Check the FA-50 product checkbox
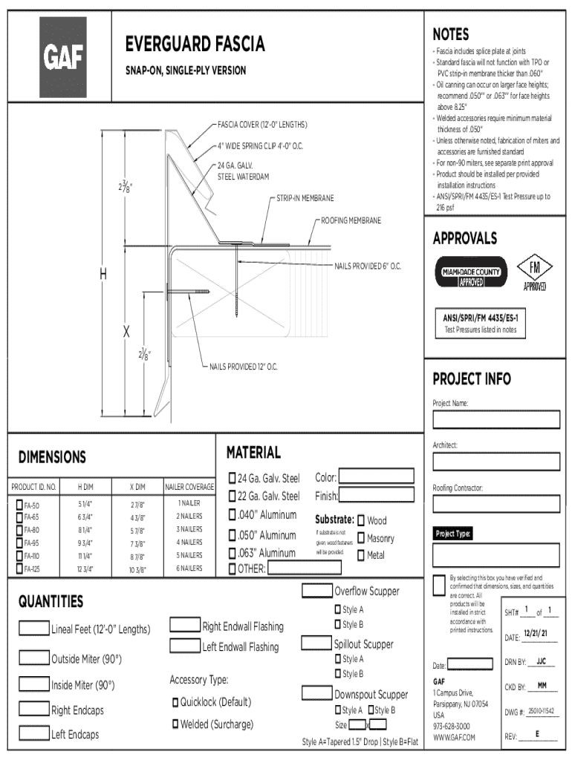pos(19,505)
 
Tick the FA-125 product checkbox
pos(19,569)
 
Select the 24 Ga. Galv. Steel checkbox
pos(232,477)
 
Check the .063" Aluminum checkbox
pos(232,553)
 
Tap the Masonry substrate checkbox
pos(361,538)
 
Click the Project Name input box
pos(497,421)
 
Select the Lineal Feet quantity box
pos(34,629)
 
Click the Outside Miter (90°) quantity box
pos(34,658)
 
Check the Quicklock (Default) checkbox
pos(175,702)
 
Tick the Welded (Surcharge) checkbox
pos(175,724)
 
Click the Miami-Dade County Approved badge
pos(471,272)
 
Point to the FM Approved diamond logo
pos(535,272)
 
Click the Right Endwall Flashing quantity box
pos(186,626)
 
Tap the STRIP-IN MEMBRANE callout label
pos(305,199)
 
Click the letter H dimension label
pos(104,275)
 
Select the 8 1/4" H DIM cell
pos(85,530)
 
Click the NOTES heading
pos(450,34)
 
